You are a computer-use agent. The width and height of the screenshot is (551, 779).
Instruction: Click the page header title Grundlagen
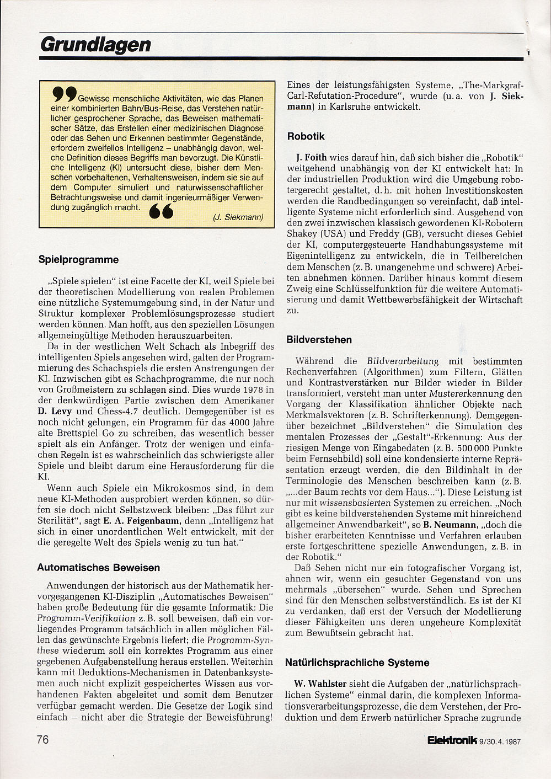(x=96, y=45)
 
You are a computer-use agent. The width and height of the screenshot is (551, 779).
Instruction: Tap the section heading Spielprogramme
(x=78, y=259)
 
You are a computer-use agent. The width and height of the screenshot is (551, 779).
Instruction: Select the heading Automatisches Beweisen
(x=99, y=567)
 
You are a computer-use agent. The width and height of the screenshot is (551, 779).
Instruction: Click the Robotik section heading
(x=306, y=136)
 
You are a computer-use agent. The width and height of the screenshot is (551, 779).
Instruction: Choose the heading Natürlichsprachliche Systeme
(x=357, y=662)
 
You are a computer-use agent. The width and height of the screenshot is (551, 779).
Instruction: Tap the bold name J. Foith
(x=311, y=157)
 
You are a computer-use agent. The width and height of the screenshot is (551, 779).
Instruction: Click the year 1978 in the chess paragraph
(x=241, y=390)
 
